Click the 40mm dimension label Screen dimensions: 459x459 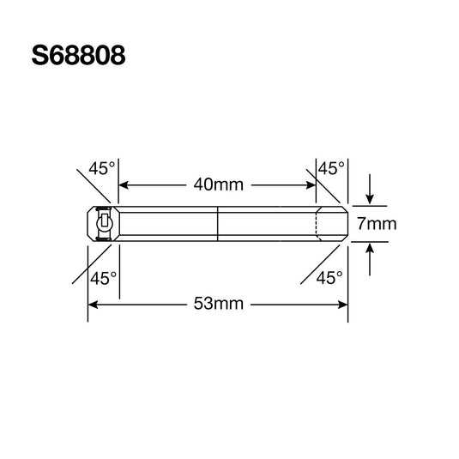217,184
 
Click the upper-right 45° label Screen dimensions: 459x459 331,169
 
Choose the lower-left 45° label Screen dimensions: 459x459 104,278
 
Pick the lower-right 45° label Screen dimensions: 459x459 329,278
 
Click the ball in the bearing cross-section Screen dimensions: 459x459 104,224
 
